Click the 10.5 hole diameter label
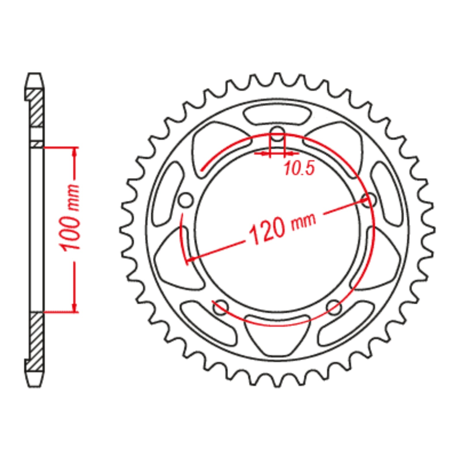point(299,169)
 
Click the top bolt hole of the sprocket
point(277,134)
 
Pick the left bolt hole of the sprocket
point(186,201)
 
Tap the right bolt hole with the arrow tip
point(369,200)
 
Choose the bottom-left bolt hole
point(221,307)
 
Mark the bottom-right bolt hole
point(334,307)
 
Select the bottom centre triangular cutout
point(277,334)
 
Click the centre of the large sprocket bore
point(277,231)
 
